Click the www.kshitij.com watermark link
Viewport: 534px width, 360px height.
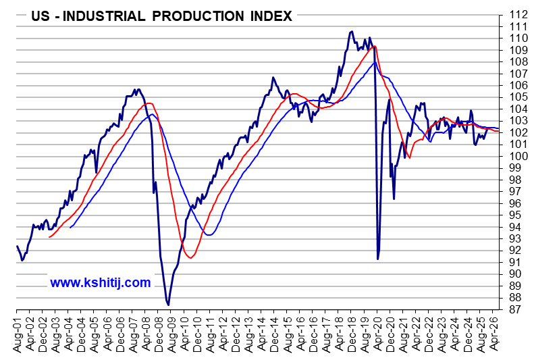tap(101, 282)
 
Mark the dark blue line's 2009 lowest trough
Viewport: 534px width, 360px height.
tap(168, 305)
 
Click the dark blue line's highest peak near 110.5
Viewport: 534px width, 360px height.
tap(352, 31)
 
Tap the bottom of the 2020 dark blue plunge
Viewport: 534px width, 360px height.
tap(378, 259)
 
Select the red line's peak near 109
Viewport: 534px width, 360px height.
tap(374, 46)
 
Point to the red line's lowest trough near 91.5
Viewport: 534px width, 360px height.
tap(190, 258)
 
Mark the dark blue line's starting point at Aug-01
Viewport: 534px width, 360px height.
tap(16, 247)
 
